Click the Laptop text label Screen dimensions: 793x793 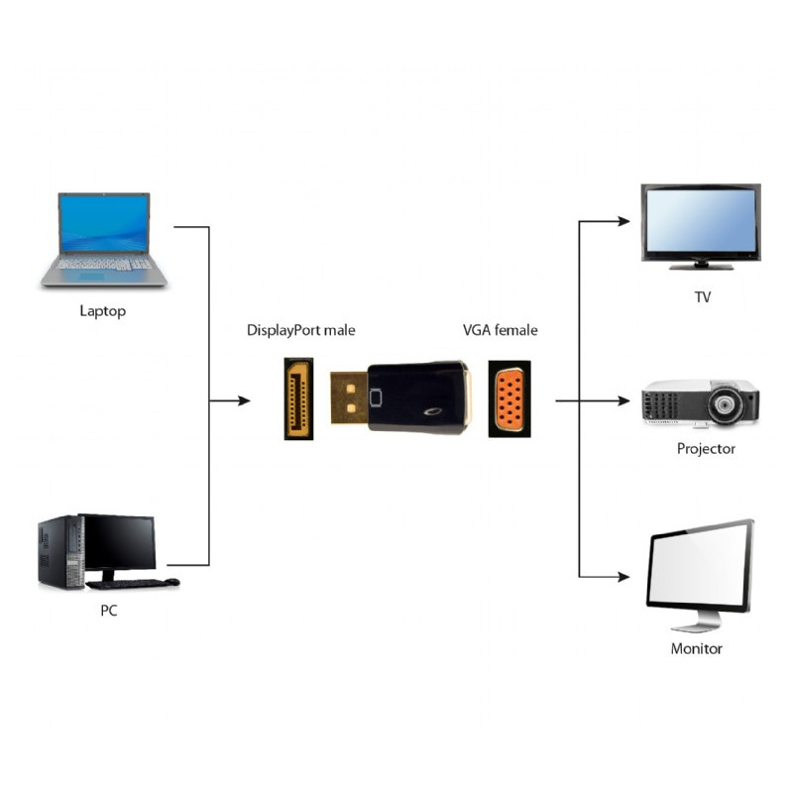[x=102, y=311]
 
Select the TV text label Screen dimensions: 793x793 [x=703, y=296]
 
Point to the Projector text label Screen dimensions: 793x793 [x=706, y=448]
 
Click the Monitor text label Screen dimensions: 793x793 [x=697, y=649]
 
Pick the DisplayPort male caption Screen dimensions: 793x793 [x=300, y=330]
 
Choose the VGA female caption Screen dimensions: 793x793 [x=501, y=330]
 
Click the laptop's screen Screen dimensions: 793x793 [x=103, y=223]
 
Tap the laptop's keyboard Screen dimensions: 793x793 [x=104, y=265]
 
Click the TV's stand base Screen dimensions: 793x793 [x=701, y=266]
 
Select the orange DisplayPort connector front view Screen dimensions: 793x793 [x=298, y=399]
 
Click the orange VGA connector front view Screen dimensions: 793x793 [x=510, y=399]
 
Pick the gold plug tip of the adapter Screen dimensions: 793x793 [x=348, y=399]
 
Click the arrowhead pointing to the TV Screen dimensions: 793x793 [x=623, y=222]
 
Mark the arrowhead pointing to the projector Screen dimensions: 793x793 [x=623, y=401]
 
